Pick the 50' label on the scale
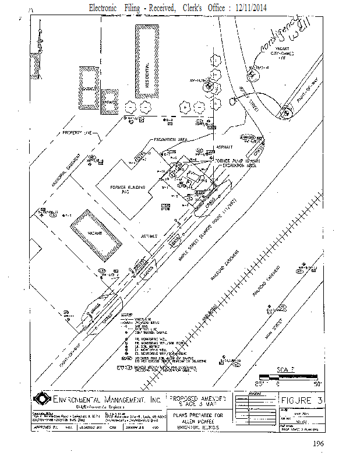point(317,384)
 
